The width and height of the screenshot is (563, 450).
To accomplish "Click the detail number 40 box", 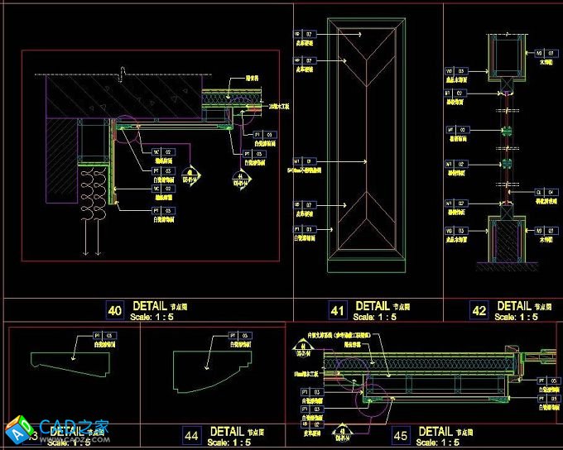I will pos(115,311).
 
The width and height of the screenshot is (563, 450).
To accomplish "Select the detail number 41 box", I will pos(337,311).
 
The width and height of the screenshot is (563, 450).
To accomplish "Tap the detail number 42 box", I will pos(479,311).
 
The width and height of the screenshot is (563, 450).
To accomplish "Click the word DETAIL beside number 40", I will pos(149,306).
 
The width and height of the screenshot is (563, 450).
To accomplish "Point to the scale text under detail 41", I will pos(374,317).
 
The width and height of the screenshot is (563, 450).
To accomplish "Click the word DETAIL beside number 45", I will pos(435,431).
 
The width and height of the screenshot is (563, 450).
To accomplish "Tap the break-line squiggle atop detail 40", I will pos(123,73).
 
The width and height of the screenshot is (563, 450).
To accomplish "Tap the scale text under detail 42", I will pos(516,317).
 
